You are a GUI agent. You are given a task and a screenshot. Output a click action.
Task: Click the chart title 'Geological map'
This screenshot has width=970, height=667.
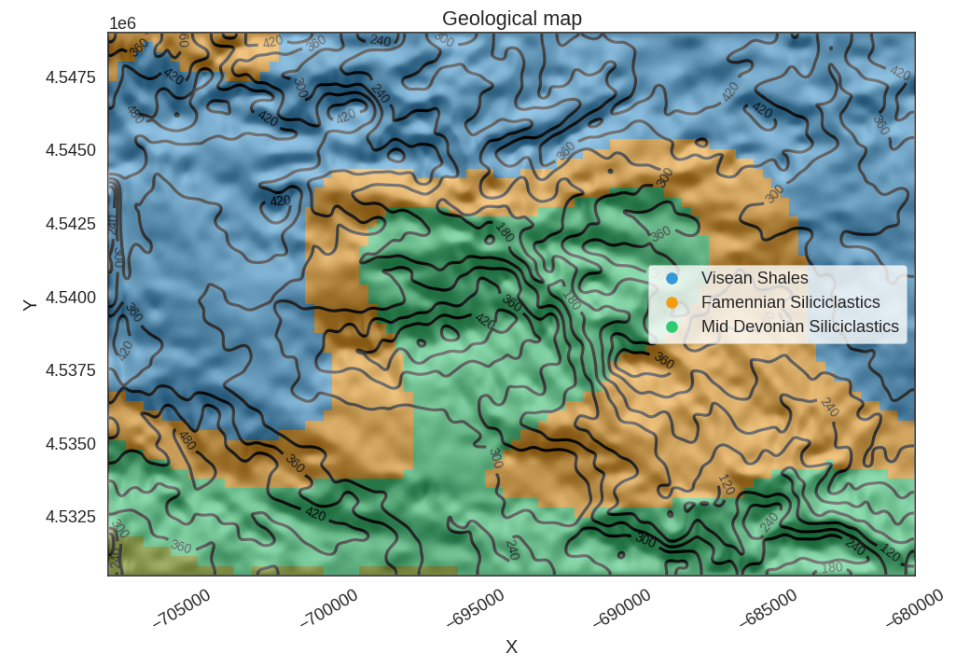[511, 19]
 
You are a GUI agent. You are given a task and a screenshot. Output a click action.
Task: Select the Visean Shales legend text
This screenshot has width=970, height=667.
[755, 278]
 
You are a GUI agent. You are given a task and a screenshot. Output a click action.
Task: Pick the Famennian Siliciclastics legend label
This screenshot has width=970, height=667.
[790, 302]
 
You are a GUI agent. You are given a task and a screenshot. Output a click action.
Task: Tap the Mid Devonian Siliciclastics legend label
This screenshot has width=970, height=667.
[799, 327]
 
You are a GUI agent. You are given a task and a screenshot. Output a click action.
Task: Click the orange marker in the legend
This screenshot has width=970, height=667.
[672, 302]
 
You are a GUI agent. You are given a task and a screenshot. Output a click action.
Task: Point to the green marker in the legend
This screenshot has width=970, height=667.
[672, 327]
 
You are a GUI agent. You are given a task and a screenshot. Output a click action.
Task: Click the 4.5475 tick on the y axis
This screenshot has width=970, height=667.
[70, 77]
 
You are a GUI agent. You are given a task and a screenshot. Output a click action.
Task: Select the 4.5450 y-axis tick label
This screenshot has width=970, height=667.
[70, 150]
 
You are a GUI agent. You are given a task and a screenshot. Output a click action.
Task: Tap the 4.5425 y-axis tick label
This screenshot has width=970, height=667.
[70, 224]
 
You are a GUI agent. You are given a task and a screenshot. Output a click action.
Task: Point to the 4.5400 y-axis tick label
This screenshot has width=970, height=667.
[70, 298]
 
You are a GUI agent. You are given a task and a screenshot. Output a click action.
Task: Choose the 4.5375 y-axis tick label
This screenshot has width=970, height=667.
[70, 370]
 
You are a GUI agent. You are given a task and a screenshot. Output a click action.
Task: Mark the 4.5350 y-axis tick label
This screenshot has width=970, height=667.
[70, 444]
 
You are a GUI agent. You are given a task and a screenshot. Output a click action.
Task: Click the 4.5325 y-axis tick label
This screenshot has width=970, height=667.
[70, 517]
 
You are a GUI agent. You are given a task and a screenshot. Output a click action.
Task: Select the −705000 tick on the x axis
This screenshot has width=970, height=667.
[183, 607]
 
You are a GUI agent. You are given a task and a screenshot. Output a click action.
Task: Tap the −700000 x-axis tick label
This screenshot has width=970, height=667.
[329, 607]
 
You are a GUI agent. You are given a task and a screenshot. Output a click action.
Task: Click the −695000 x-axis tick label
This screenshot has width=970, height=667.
[476, 607]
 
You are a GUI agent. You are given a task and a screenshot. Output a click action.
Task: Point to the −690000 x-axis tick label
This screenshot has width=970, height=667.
[622, 607]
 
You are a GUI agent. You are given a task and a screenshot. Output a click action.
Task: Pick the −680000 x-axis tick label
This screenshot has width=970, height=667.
[915, 607]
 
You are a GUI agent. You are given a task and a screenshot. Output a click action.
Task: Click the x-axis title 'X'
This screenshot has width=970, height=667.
[511, 647]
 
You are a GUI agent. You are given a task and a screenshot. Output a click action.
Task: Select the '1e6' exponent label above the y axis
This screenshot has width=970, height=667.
[122, 23]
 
